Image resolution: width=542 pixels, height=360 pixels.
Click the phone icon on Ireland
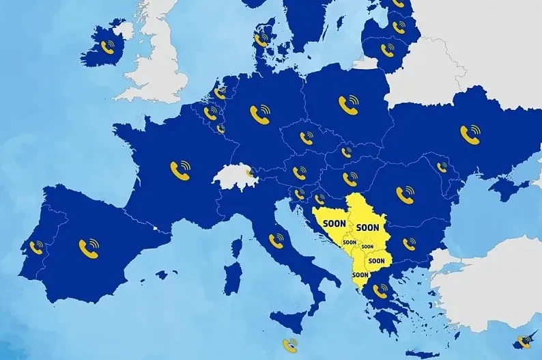(x=108, y=46)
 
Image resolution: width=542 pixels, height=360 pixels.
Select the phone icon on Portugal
(x=35, y=247)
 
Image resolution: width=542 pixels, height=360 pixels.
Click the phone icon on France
(x=181, y=169)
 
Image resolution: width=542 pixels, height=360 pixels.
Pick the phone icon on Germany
(x=259, y=113)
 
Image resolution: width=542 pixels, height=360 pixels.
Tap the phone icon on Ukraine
(x=470, y=134)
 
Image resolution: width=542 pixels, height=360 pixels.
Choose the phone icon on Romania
(x=405, y=195)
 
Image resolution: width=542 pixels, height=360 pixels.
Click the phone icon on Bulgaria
(x=409, y=244)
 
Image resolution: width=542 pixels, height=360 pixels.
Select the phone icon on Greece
(x=380, y=291)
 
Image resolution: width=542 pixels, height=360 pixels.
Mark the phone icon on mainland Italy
(x=276, y=240)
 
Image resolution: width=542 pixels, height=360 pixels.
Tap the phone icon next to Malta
(x=291, y=345)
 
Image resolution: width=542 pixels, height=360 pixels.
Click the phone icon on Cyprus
(x=524, y=341)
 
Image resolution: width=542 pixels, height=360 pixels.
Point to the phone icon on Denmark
(x=261, y=40)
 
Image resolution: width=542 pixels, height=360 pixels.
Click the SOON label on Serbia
(x=368, y=227)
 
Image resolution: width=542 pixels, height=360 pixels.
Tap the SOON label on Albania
(x=360, y=275)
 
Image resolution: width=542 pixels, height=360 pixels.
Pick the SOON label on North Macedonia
(x=376, y=260)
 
